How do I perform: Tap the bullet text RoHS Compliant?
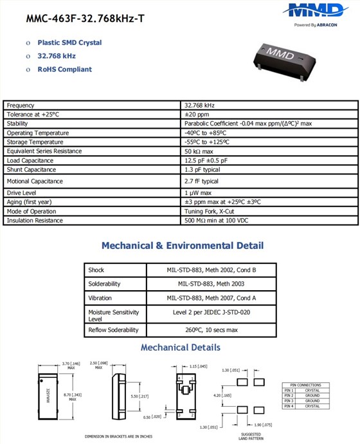tap(64, 69)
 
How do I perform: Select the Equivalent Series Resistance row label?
tap(44, 151)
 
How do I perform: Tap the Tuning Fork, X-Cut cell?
tap(209, 211)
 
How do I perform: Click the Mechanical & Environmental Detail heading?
tap(183, 246)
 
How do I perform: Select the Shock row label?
tap(96, 270)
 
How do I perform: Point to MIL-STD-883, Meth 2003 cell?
tap(212, 284)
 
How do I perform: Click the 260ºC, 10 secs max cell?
tap(212, 330)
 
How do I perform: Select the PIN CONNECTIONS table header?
tap(305, 385)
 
